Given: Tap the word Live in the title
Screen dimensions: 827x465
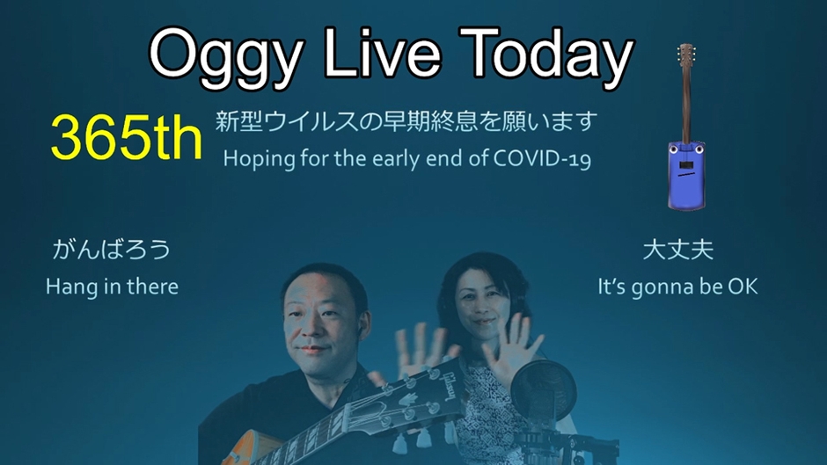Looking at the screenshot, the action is click(383, 52).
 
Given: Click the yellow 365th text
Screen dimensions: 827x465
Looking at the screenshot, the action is click(127, 137).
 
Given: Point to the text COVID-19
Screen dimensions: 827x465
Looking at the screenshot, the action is click(542, 158).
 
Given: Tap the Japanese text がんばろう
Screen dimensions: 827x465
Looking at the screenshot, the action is click(111, 250).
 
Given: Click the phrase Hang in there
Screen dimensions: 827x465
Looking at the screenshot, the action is click(112, 287).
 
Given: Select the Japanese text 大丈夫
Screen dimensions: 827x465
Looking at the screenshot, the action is click(678, 250).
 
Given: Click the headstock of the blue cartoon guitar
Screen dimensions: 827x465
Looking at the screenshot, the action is click(685, 54).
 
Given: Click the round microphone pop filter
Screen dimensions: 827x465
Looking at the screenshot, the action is click(543, 390).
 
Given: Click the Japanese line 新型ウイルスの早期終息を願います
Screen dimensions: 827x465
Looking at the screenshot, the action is click(406, 122).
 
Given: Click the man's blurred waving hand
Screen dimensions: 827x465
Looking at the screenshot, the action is click(422, 351).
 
